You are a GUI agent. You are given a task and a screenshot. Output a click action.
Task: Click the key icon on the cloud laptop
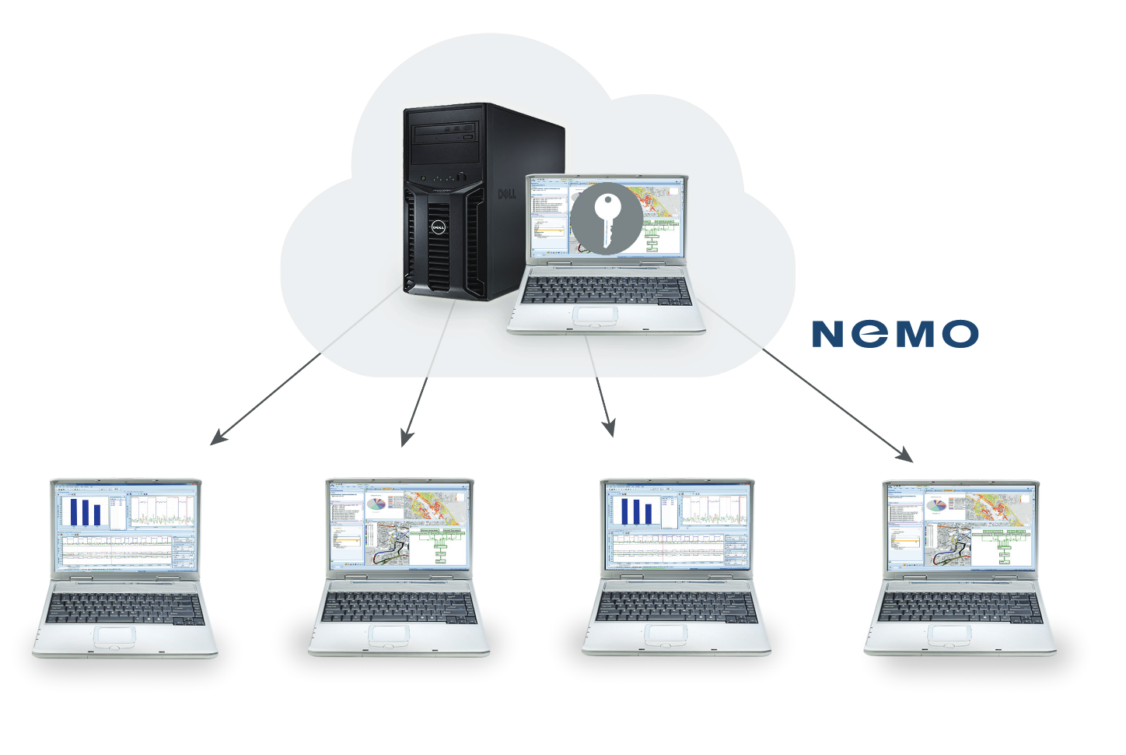click(x=607, y=219)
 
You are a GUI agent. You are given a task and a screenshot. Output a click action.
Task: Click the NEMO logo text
click(x=894, y=334)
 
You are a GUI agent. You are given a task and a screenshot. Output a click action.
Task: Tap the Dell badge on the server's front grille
click(x=438, y=227)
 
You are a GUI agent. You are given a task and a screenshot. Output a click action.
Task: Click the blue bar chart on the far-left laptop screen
click(x=86, y=511)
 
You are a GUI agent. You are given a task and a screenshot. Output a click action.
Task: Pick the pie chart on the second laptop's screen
click(x=376, y=504)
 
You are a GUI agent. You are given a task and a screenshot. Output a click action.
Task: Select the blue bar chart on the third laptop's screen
click(x=636, y=511)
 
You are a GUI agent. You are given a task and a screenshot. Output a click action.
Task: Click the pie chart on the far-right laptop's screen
click(x=936, y=505)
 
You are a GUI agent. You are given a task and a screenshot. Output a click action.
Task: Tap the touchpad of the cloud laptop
click(x=596, y=316)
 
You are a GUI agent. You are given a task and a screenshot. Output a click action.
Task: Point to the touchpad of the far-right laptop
click(x=951, y=634)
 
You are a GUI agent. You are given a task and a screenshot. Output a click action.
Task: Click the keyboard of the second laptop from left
click(x=397, y=606)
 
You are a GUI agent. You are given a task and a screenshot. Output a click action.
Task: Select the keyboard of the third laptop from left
click(x=676, y=606)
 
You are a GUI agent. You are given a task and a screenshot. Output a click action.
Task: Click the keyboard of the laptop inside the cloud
click(x=605, y=290)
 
